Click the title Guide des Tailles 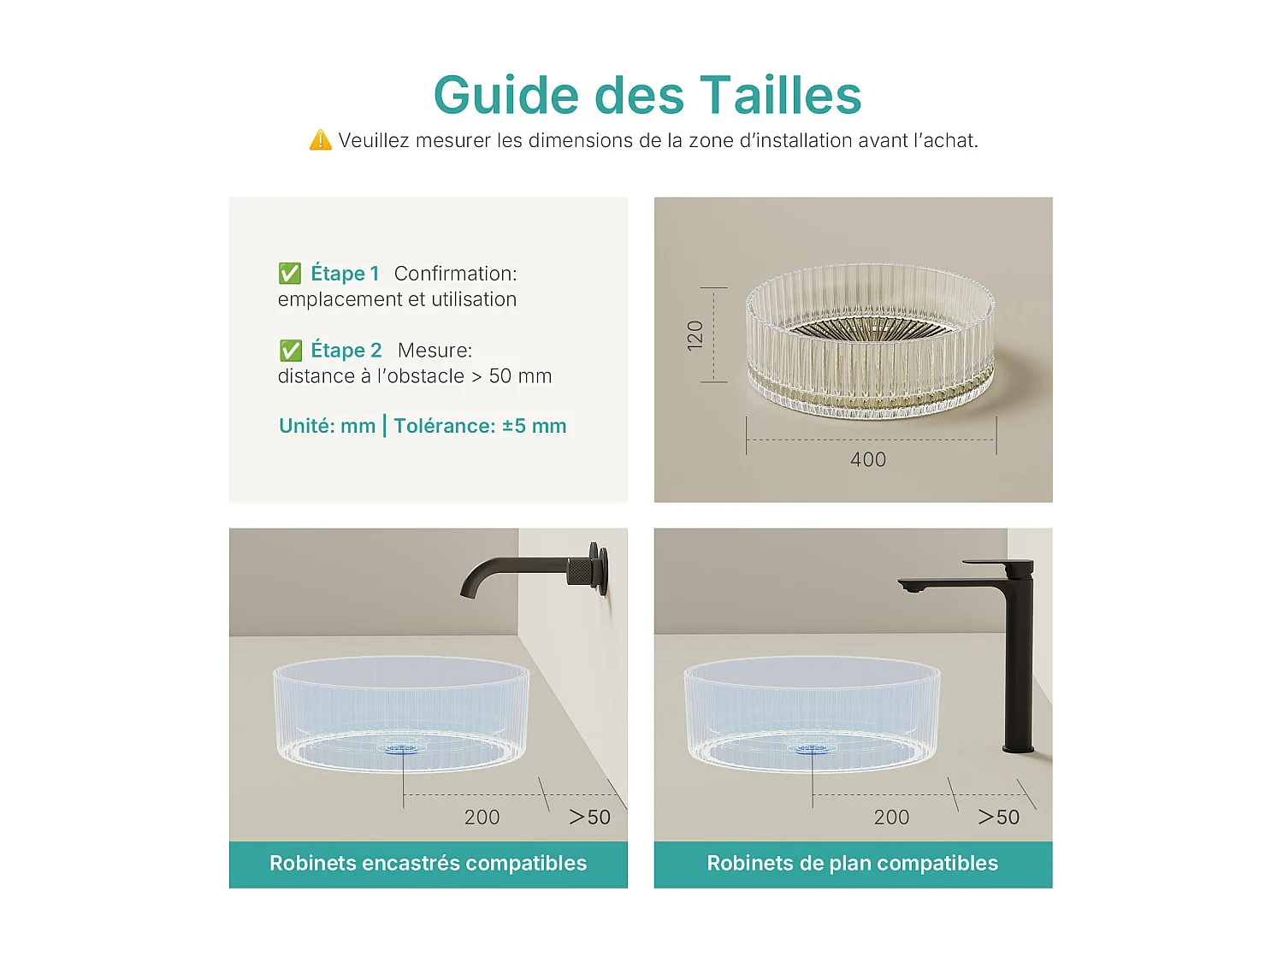[x=647, y=95]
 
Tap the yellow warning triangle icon [x=320, y=140]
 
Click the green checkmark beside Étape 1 [x=290, y=274]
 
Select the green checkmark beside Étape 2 [x=291, y=351]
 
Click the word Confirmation [x=455, y=274]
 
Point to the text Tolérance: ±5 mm [x=480, y=426]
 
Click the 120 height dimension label [x=695, y=334]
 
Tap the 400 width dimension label [x=868, y=460]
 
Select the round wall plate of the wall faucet [x=604, y=569]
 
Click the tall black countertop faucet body [x=1019, y=658]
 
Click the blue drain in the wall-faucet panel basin [x=403, y=749]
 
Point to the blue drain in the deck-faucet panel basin [x=812, y=749]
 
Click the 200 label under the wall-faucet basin [x=482, y=817]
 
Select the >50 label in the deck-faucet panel [x=999, y=817]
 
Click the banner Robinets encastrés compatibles [x=429, y=864]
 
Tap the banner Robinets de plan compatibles [x=853, y=864]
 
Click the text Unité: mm [x=328, y=426]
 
